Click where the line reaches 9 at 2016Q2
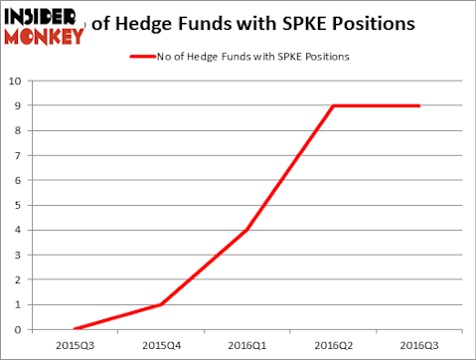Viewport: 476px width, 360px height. pyautogui.click(x=334, y=105)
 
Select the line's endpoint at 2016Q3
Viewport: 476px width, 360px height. pyautogui.click(x=419, y=105)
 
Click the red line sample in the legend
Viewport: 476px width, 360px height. pyautogui.click(x=142, y=56)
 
